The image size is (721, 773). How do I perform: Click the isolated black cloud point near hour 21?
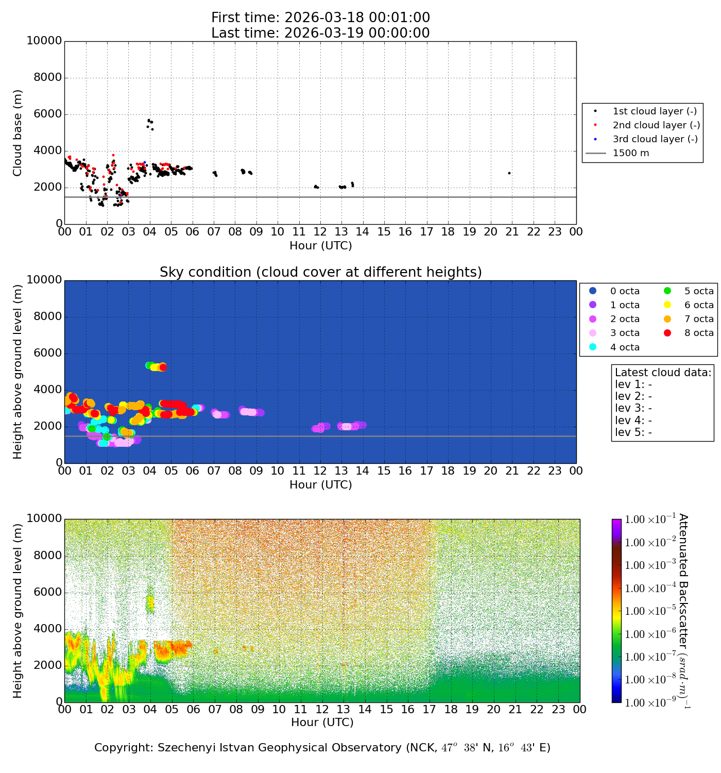pos(509,173)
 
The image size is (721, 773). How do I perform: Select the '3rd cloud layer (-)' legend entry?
pos(655,139)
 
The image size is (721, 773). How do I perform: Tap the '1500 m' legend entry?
pos(630,153)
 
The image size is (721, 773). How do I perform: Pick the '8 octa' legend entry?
pos(699,333)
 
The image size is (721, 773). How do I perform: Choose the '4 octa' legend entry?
pos(625,347)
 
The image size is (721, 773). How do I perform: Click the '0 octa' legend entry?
pos(625,291)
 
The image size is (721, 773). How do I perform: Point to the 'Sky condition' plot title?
pos(320,272)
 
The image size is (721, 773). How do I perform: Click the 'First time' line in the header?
pos(320,18)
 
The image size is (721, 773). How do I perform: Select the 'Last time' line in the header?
pos(320,33)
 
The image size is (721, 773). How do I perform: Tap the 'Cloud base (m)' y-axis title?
pos(18,133)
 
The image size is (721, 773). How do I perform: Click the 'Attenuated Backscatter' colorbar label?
pos(683,611)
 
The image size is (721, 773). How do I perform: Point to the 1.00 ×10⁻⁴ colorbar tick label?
pos(650,588)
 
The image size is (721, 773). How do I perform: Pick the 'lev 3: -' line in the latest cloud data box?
pos(633,408)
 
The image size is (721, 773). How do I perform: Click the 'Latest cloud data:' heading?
pos(663,373)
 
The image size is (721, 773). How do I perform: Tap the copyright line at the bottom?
pos(322,748)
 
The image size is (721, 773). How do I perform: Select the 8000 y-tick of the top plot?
pos(48,78)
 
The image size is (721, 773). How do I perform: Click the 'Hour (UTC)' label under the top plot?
pos(320,246)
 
